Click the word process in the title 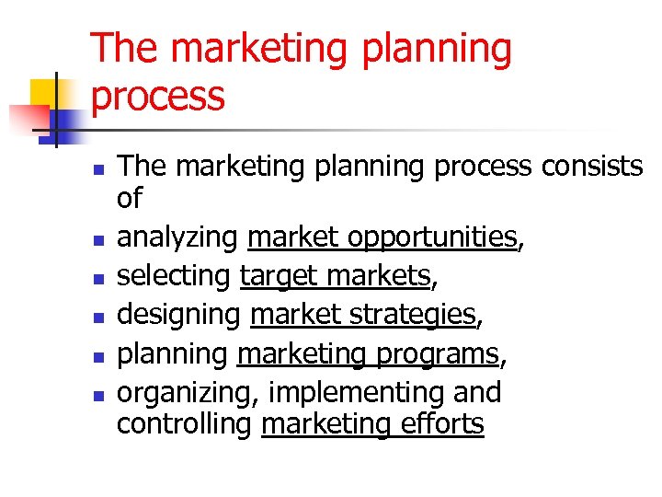[158, 97]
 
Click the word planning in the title [436, 49]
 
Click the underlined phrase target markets [336, 276]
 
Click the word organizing [189, 393]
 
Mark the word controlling [185, 424]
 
